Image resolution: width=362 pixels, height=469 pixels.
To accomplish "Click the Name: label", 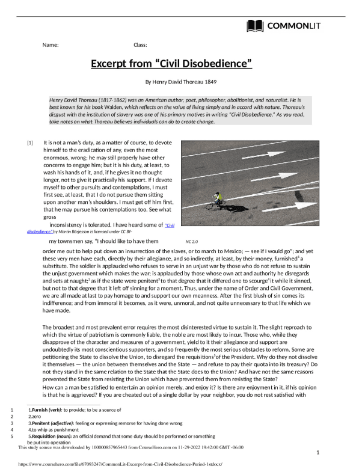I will click(51, 45).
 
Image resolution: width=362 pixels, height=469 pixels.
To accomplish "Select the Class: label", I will click(140, 45).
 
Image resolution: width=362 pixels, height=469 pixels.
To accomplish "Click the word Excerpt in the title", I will click(112, 63).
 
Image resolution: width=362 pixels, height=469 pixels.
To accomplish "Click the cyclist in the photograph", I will click(215, 200).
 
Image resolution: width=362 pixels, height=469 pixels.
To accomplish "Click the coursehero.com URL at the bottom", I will click(84, 464).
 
